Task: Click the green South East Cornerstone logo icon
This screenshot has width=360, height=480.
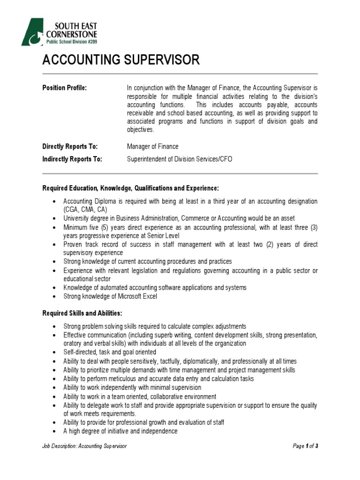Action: point(32,32)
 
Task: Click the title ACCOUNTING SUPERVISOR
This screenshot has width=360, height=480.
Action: point(121,60)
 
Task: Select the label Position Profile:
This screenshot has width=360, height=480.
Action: point(65,88)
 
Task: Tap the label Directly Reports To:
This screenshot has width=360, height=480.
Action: point(70,147)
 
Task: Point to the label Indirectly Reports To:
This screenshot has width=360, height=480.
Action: point(72,159)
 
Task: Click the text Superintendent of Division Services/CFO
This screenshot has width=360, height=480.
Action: point(180,159)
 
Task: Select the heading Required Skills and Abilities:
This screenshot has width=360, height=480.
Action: point(82,313)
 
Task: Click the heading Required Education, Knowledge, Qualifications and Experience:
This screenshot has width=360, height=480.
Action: point(130,188)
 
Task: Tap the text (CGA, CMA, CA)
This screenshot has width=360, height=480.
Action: point(85,210)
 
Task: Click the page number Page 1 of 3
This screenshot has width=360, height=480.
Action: point(305,446)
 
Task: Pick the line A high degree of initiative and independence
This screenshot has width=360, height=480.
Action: point(120,431)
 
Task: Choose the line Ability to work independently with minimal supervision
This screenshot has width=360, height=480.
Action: point(132,388)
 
